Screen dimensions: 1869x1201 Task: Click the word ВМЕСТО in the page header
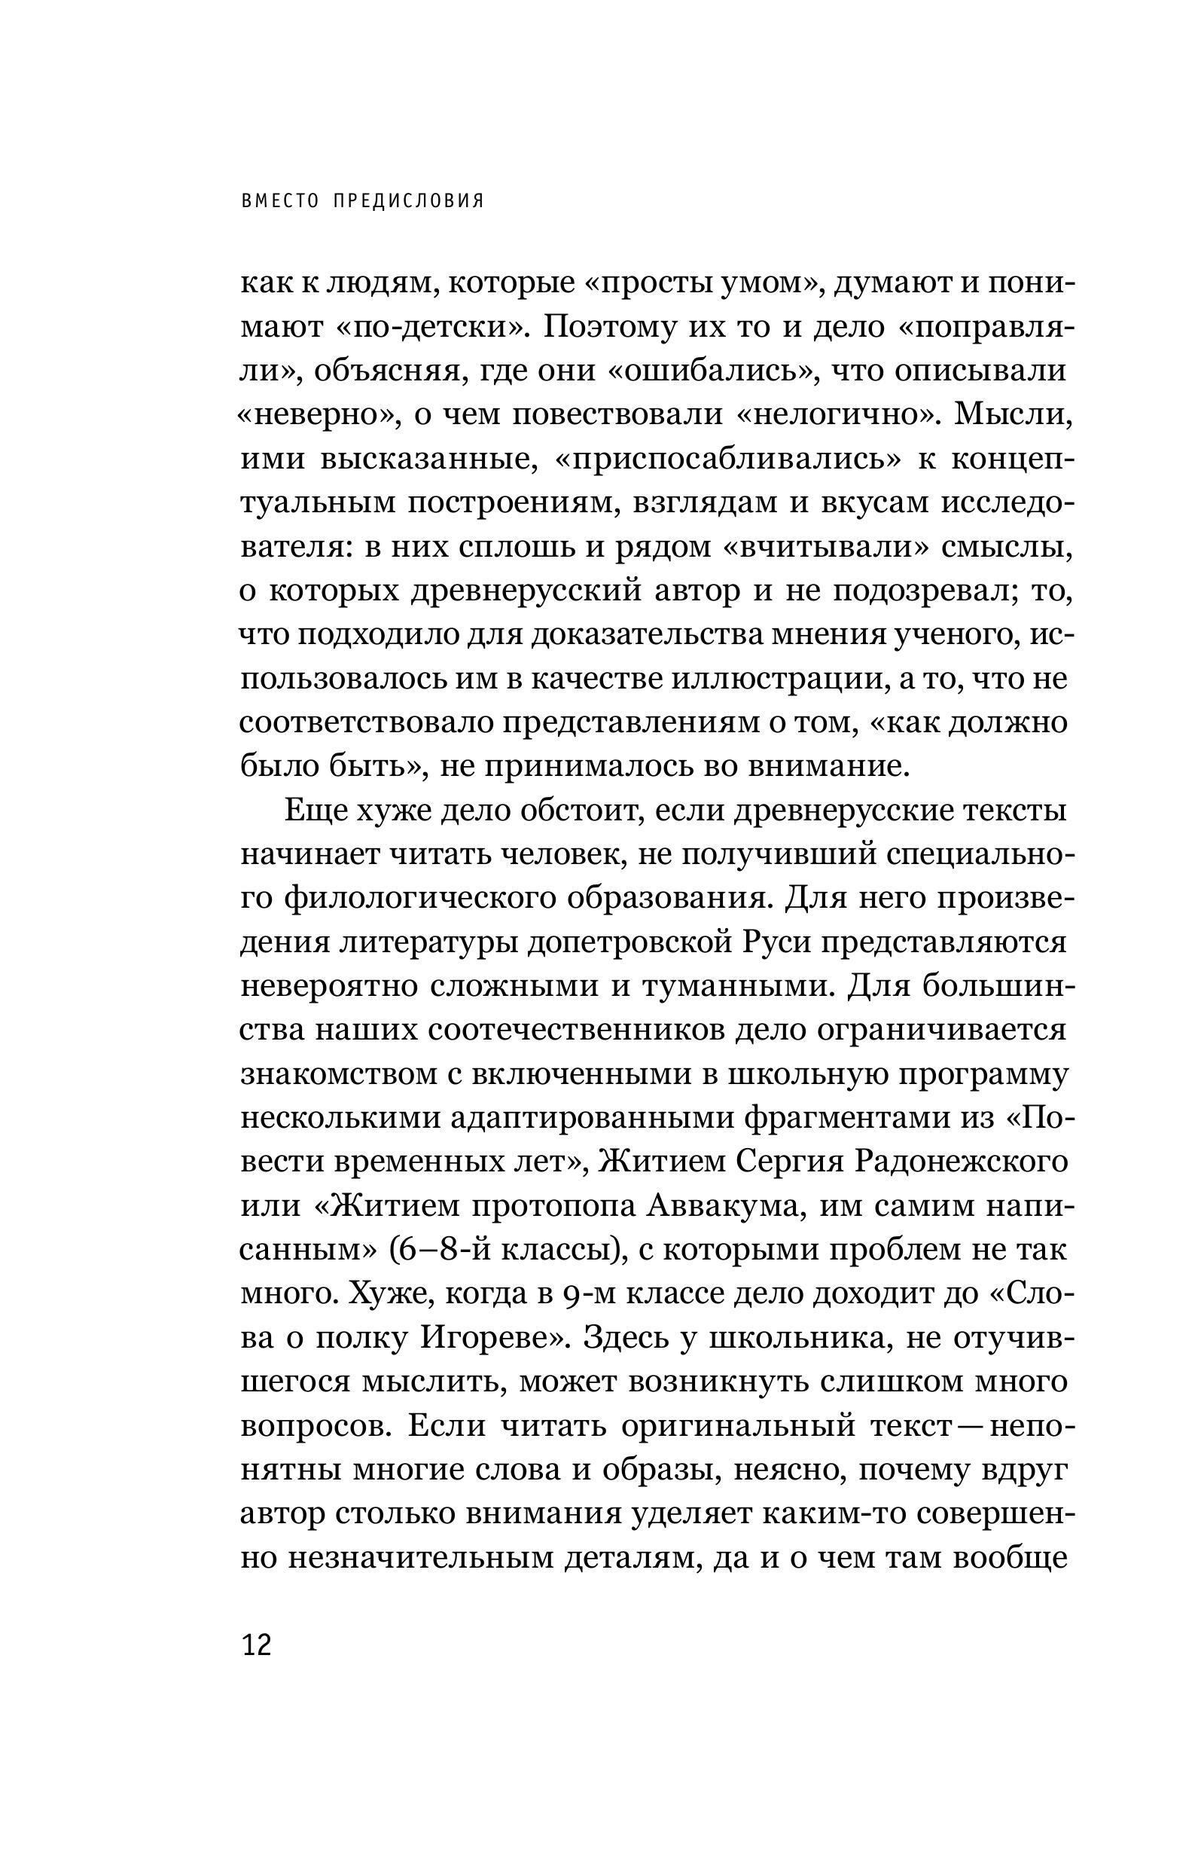[x=281, y=201]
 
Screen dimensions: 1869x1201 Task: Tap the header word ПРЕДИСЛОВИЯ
[x=409, y=201]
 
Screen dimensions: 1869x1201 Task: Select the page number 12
[x=257, y=1646]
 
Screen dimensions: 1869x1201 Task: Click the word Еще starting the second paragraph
[x=315, y=811]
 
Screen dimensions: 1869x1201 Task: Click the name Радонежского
[x=961, y=1162]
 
